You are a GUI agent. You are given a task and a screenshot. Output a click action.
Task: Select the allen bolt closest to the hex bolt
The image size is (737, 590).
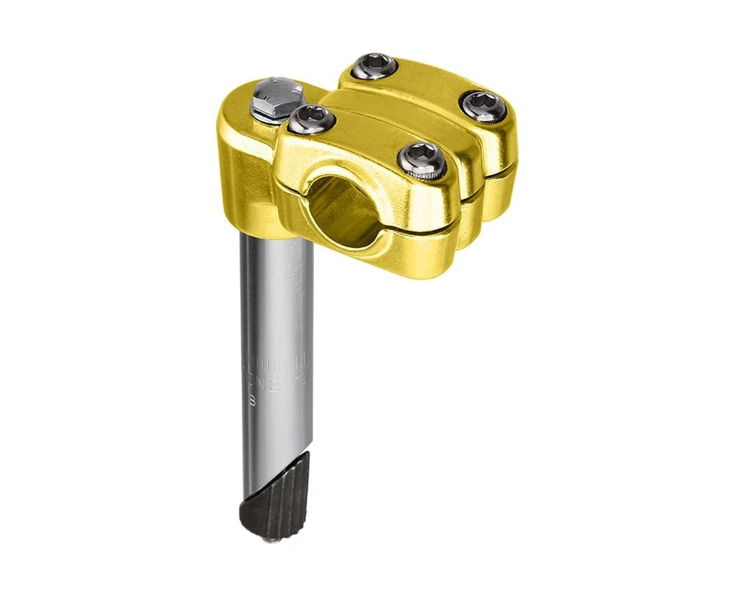pyautogui.click(x=312, y=118)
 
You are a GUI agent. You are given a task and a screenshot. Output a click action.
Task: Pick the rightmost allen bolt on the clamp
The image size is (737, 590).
pyautogui.click(x=484, y=104)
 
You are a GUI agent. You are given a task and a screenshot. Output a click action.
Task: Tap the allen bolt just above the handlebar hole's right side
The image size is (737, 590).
pyautogui.click(x=421, y=157)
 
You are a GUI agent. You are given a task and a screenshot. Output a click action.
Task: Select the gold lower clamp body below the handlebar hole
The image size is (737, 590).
pyautogui.click(x=368, y=254)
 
